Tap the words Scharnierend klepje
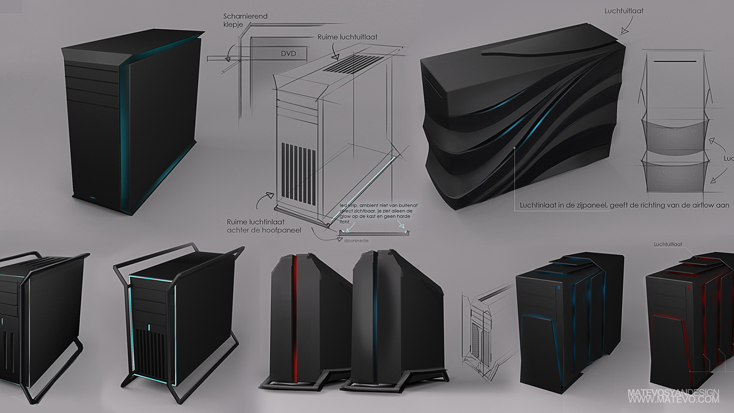(245, 20)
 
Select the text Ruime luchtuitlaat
(347, 37)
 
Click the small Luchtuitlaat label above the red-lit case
(667, 244)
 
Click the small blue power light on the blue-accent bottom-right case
(559, 288)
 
